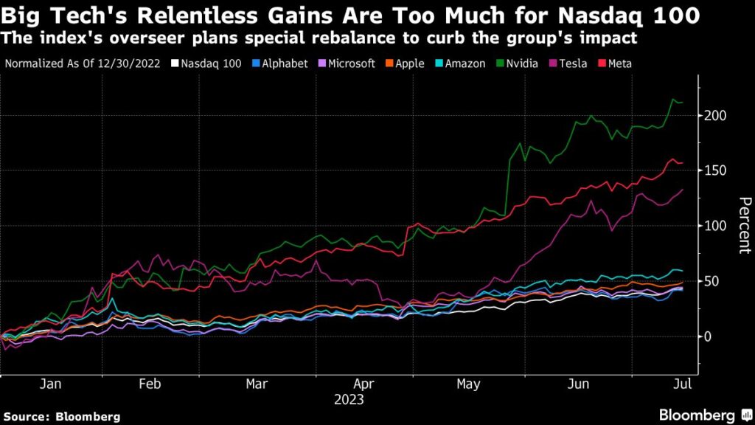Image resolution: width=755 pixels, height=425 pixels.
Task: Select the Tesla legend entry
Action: tap(571, 63)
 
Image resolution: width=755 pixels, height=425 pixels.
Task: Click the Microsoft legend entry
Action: tap(347, 63)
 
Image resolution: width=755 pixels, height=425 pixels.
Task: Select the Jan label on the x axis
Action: tap(49, 384)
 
